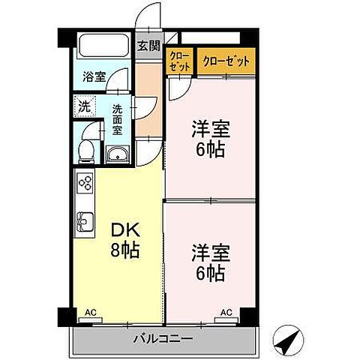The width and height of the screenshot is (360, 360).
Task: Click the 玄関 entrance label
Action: pos(148,45)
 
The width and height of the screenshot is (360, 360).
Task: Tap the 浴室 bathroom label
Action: pos(94,76)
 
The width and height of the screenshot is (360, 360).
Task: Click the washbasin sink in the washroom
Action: pos(118,156)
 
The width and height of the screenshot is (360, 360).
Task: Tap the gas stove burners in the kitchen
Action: pos(85,184)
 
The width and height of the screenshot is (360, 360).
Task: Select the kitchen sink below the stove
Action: pos(84,223)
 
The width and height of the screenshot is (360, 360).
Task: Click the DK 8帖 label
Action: pos(124,241)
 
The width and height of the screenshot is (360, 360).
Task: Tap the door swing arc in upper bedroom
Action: pos(178,89)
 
